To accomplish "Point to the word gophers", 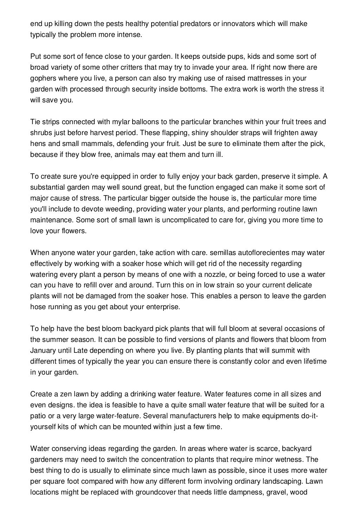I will [42, 78].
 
